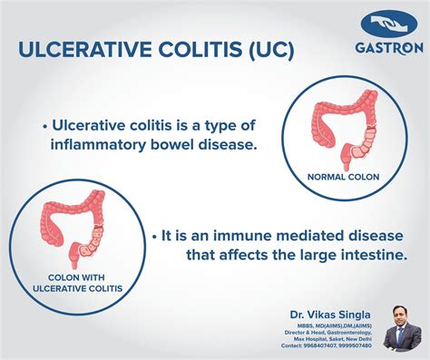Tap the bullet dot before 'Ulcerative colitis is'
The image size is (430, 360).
click(x=45, y=124)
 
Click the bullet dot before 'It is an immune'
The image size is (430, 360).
click(x=154, y=235)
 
